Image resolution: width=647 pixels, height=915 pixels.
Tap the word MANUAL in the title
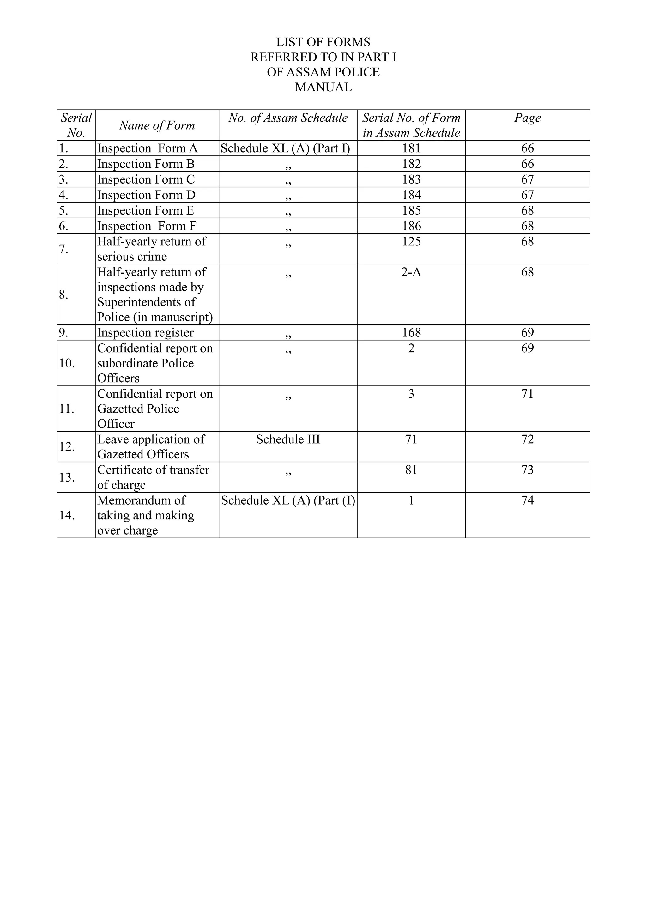coord(323,87)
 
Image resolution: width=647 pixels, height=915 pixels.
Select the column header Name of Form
coord(157,125)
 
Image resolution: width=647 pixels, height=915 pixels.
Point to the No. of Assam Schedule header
coord(288,118)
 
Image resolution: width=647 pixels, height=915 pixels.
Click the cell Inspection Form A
coord(148,148)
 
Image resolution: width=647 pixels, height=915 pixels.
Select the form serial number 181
coord(411,148)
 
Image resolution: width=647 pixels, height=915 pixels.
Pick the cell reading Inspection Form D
coord(146,195)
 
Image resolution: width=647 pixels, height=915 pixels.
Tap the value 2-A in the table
coord(411,272)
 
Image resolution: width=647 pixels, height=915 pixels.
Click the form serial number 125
coord(411,241)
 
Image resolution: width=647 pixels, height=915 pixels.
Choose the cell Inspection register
coord(145,333)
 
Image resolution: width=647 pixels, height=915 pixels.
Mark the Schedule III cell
coord(288,439)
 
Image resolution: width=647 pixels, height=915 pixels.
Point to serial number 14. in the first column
coord(67,516)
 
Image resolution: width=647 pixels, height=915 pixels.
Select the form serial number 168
coord(411,333)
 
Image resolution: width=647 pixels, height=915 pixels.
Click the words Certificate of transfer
coord(153,470)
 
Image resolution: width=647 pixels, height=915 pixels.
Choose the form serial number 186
coord(411,226)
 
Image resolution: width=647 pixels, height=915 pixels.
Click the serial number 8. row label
coord(64,295)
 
